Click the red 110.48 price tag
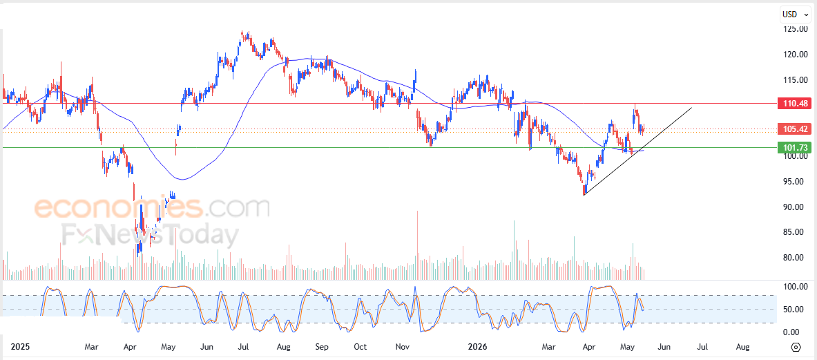point(794,103)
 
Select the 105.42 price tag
point(794,129)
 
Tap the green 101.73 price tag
point(794,147)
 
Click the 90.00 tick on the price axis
point(797,207)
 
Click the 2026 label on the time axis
point(478,346)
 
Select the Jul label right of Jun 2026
point(703,346)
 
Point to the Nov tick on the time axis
point(402,346)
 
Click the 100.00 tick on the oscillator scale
point(796,287)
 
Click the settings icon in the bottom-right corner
point(796,347)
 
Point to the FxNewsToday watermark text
point(150,236)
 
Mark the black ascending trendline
point(638,151)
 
